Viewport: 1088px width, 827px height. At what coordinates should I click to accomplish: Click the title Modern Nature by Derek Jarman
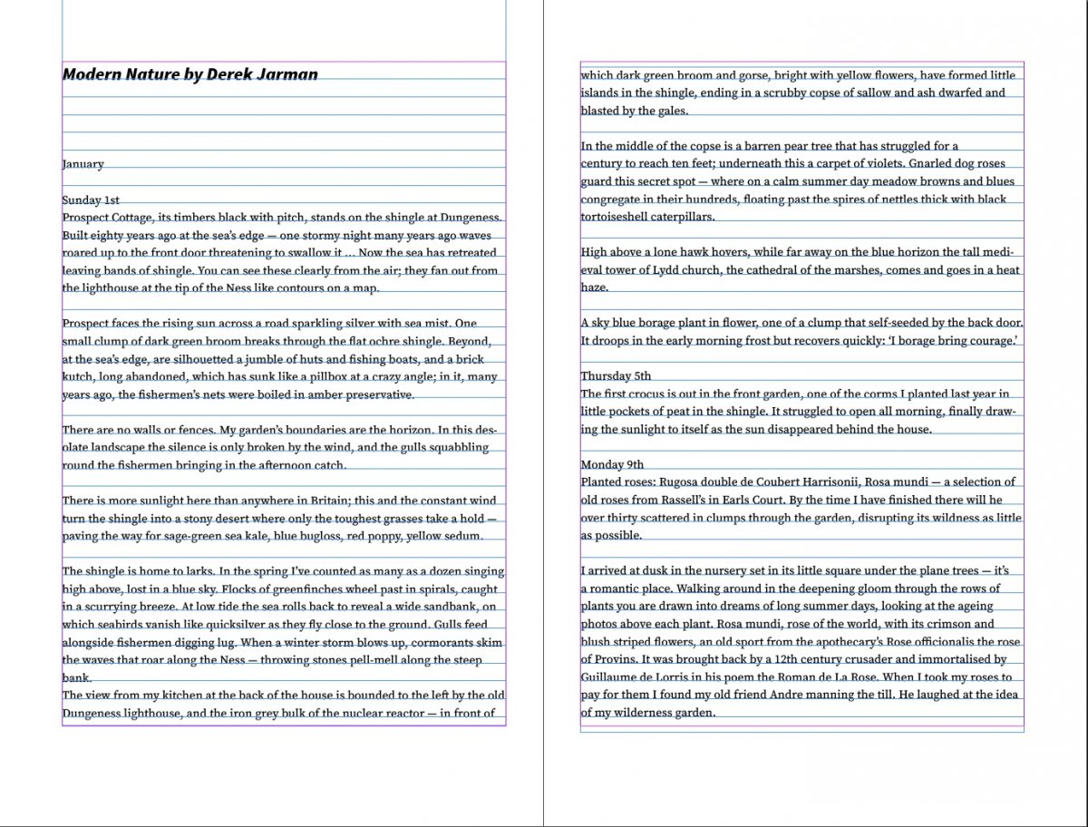(x=189, y=73)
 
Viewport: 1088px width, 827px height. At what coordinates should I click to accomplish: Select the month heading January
(x=83, y=164)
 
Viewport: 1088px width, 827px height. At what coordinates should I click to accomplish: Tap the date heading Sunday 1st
(x=91, y=199)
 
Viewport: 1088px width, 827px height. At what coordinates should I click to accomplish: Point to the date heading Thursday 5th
(x=616, y=375)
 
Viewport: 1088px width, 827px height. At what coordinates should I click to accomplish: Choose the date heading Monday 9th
(x=612, y=464)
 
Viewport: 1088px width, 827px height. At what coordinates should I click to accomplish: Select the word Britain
(x=326, y=501)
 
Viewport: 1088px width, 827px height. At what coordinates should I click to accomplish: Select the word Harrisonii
(x=823, y=482)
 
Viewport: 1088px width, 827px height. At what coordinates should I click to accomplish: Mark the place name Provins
(x=624, y=659)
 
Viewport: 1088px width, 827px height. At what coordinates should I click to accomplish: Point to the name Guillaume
(x=612, y=676)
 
